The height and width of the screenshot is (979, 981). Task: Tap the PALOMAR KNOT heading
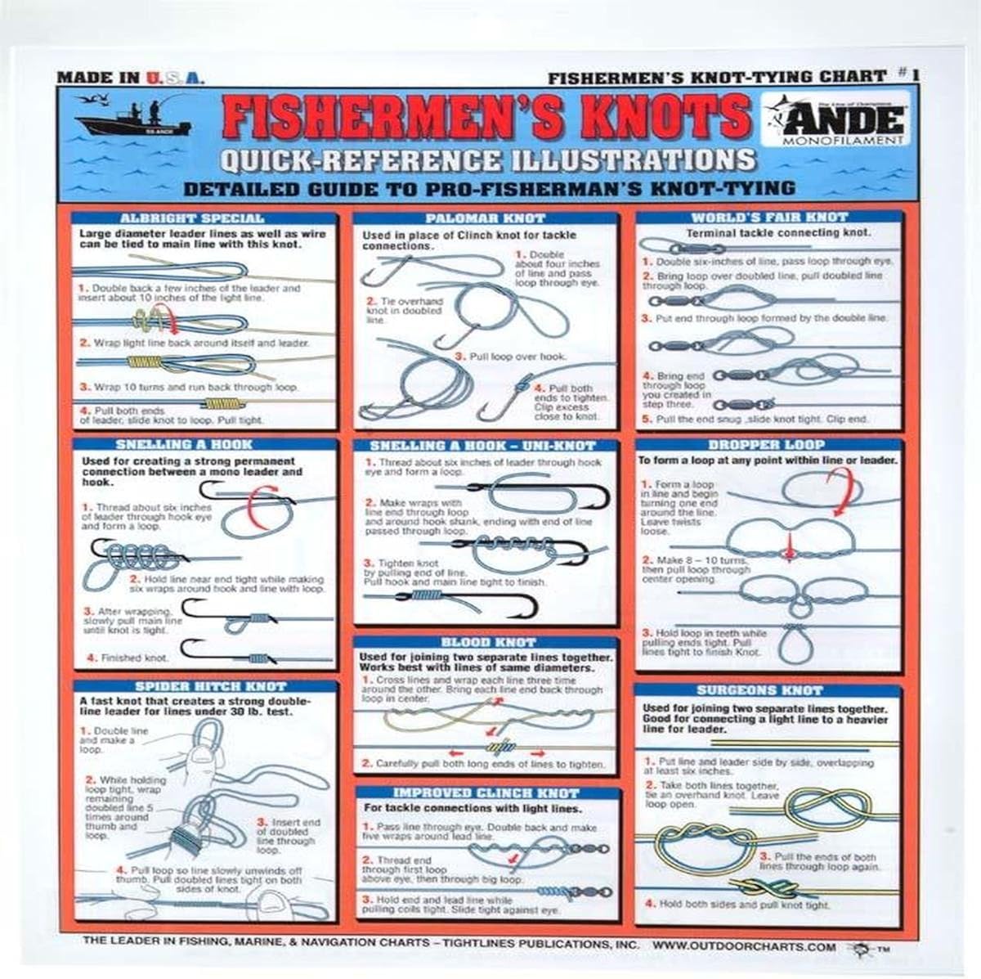click(485, 218)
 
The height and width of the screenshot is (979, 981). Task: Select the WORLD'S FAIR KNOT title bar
click(769, 218)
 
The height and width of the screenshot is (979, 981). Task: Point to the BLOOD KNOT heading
click(487, 643)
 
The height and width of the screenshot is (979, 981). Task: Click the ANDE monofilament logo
click(834, 121)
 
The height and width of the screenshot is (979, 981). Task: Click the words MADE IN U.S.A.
click(130, 79)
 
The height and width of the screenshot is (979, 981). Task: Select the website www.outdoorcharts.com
click(744, 947)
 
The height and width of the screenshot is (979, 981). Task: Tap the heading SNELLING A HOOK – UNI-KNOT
click(482, 446)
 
